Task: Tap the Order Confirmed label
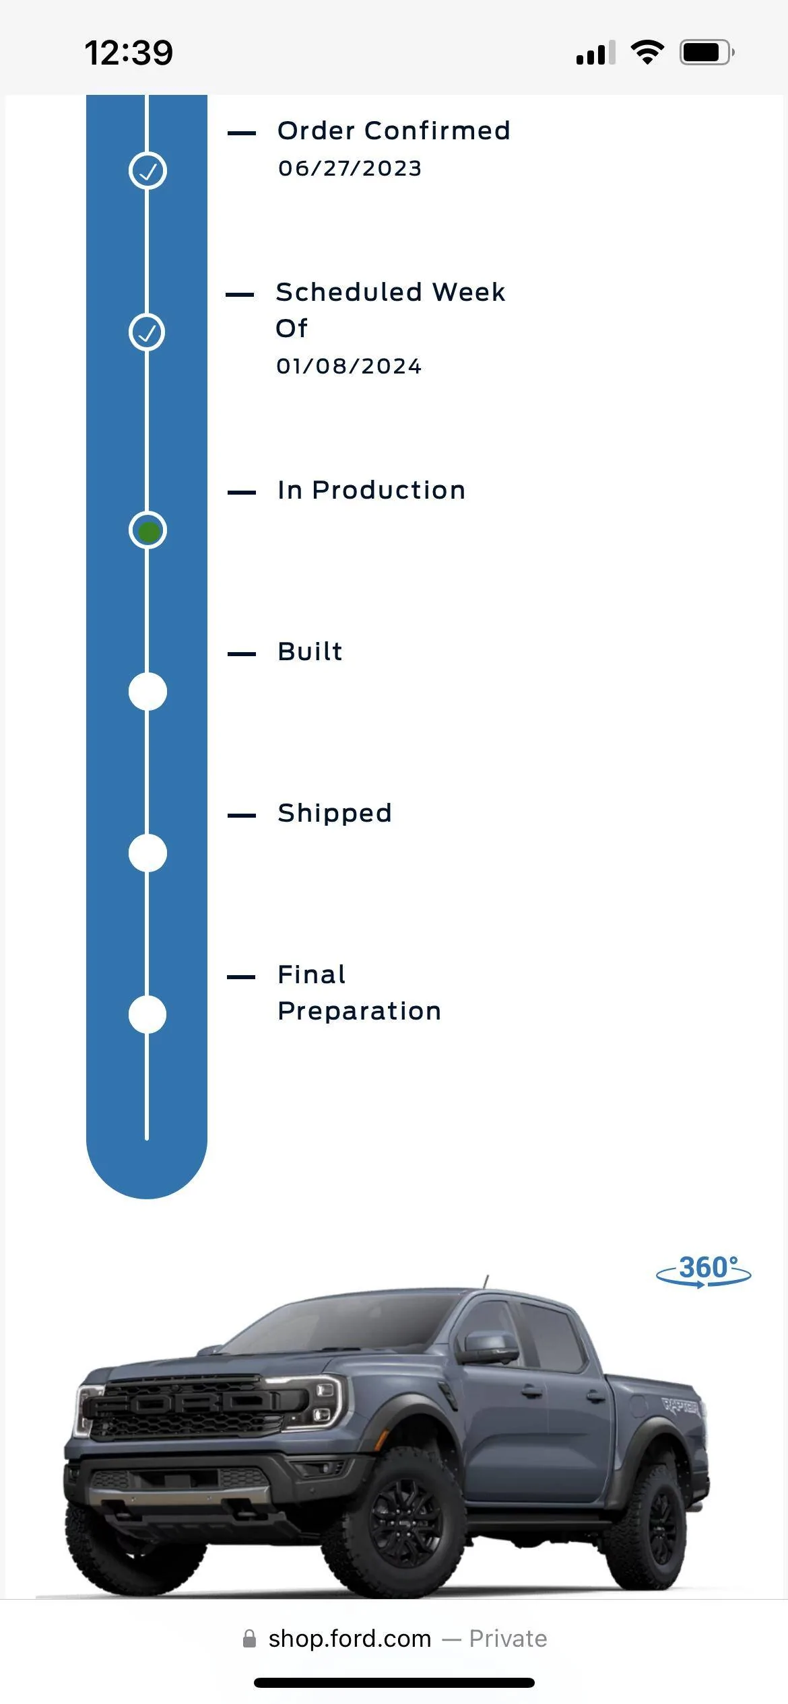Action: [x=394, y=131]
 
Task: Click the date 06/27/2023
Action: [x=350, y=168]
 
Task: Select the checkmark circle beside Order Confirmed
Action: [x=147, y=171]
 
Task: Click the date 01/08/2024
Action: [x=349, y=366]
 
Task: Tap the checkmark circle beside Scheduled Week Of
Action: [x=147, y=332]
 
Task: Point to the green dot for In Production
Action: [x=148, y=532]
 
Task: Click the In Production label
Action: [x=371, y=490]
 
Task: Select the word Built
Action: [x=310, y=651]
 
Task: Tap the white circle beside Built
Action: [x=147, y=692]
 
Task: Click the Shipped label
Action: [x=335, y=814]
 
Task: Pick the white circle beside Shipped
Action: [x=147, y=853]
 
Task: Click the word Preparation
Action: [x=360, y=1011]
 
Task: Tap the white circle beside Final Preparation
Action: [x=147, y=1015]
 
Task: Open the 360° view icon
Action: [x=704, y=1271]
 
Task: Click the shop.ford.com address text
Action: [x=350, y=1639]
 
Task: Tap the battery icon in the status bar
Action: [x=707, y=52]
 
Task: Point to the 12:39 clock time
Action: [x=129, y=52]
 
